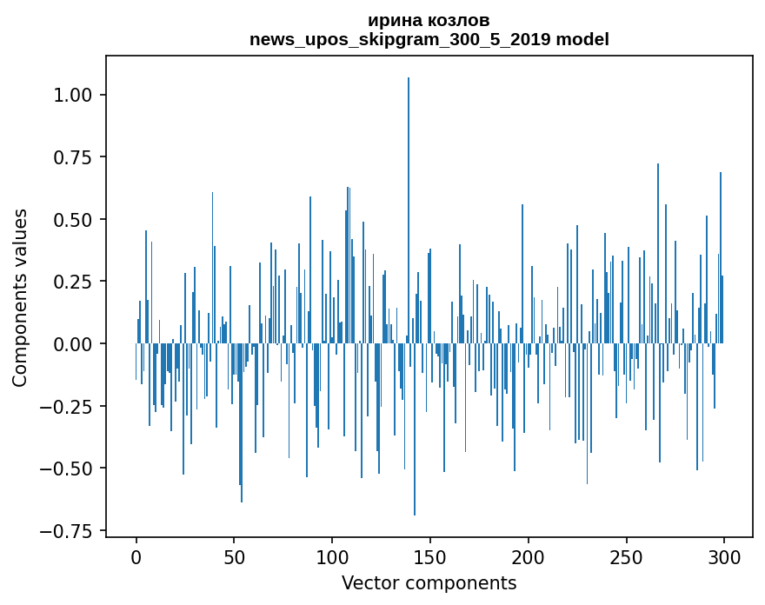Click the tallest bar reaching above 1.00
(409, 209)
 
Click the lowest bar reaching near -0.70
(414, 429)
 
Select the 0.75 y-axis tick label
(72, 157)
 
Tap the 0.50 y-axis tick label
(72, 220)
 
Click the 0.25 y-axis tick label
(72, 282)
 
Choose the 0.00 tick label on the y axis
(72, 344)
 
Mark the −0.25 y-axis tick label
(66, 407)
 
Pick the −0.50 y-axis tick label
(66, 469)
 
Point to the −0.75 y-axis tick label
(66, 531)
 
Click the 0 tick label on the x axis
(136, 557)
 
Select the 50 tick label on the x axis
(234, 557)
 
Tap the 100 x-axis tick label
(332, 557)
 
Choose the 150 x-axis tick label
(429, 557)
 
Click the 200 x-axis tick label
(528, 557)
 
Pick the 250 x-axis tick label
(626, 557)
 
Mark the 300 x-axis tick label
(724, 557)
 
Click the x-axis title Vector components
(429, 583)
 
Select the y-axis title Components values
(20, 298)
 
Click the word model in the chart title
(582, 39)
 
